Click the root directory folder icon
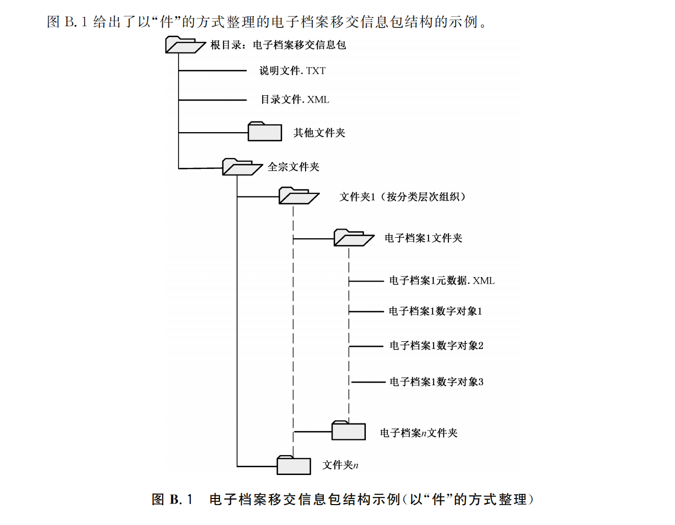(x=184, y=45)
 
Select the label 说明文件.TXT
(x=292, y=71)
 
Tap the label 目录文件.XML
(x=295, y=99)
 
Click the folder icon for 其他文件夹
(x=264, y=132)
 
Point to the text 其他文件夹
(x=319, y=133)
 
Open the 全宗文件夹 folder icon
(x=241, y=167)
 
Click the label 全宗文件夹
(x=293, y=167)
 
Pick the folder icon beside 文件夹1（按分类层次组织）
(x=298, y=196)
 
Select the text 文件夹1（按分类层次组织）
(x=403, y=197)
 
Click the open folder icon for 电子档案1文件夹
(x=353, y=238)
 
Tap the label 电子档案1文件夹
(x=423, y=238)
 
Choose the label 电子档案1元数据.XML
(x=442, y=281)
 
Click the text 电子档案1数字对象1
(x=435, y=311)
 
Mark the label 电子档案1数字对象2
(x=436, y=346)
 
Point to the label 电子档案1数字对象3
(x=436, y=382)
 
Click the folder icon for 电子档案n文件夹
(x=348, y=431)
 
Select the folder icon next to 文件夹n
(x=293, y=465)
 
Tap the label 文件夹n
(x=340, y=465)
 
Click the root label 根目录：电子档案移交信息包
(x=279, y=45)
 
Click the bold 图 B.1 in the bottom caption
(x=172, y=499)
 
